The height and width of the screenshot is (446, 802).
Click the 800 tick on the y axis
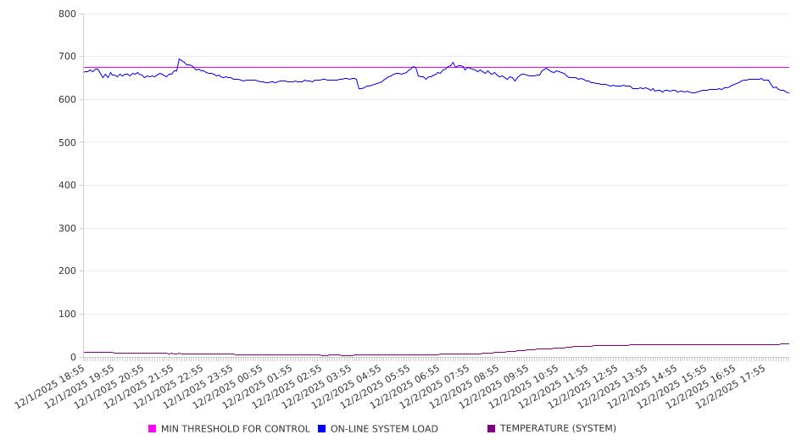point(68,14)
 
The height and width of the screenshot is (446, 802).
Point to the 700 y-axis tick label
point(68,57)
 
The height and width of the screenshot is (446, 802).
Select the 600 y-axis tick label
point(68,100)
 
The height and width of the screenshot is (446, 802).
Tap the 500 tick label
point(68,142)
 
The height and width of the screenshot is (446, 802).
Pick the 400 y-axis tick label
point(68,186)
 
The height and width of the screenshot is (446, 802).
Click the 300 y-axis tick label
point(68,229)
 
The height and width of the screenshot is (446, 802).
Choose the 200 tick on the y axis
point(68,271)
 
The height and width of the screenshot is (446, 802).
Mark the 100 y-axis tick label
point(68,315)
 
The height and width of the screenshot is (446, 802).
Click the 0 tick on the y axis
point(74,357)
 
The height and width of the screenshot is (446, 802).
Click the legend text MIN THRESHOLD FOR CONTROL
point(235,429)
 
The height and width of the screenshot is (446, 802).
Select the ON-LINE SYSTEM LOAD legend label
point(384,429)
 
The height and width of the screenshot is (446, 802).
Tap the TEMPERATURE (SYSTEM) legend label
point(558,429)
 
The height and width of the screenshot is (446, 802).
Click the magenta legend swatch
point(153,429)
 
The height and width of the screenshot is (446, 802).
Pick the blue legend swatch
point(322,429)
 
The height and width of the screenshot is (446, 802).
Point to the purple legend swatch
point(492,429)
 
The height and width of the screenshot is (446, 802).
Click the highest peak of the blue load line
point(179,59)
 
